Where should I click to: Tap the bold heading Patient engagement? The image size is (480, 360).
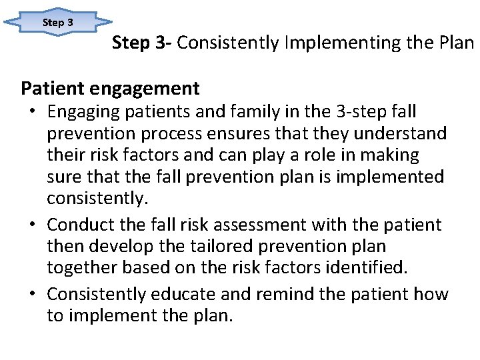[x=110, y=87]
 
